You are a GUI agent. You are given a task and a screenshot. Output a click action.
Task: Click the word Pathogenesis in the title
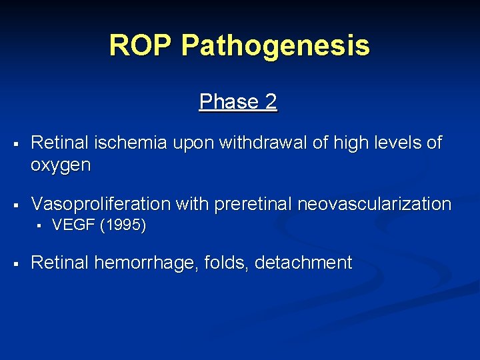[275, 45]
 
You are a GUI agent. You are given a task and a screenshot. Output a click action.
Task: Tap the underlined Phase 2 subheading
[238, 102]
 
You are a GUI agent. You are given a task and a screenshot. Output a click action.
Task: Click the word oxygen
[61, 165]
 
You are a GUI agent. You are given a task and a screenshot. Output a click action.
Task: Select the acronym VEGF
[73, 225]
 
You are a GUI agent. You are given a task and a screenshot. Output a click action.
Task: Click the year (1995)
[123, 225]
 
